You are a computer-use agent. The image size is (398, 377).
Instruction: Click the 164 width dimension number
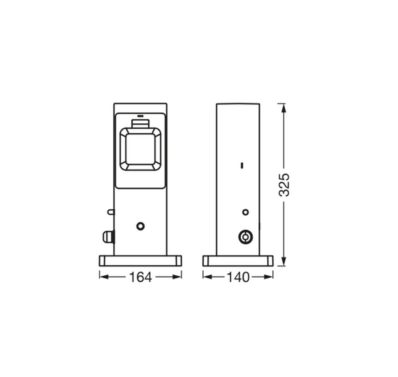(140, 277)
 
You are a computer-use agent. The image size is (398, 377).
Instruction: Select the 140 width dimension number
(238, 277)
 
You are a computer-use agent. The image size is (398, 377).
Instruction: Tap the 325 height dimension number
(284, 185)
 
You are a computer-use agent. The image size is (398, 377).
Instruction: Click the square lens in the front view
(140, 149)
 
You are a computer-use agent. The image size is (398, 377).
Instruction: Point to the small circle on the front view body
(140, 226)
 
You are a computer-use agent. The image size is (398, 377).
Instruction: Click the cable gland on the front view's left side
(108, 237)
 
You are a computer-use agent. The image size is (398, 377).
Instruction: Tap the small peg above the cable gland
(111, 212)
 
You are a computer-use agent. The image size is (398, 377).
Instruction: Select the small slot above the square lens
(140, 116)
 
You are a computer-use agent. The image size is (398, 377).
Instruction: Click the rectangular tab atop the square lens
(140, 124)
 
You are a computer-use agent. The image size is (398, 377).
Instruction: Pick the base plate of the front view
(140, 261)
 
